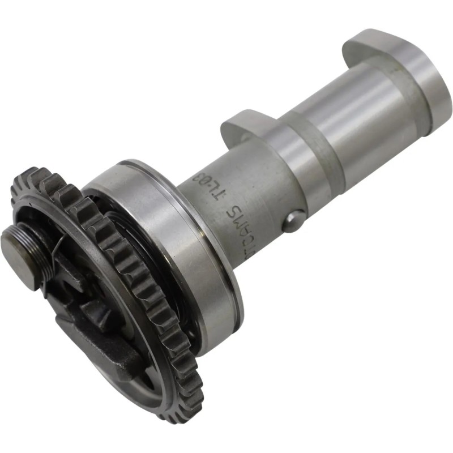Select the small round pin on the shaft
[x=293, y=220]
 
